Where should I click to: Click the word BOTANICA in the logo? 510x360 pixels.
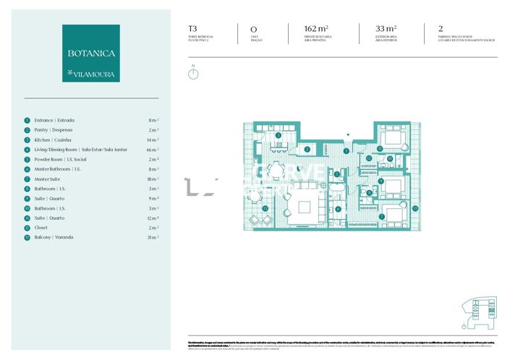click(91, 53)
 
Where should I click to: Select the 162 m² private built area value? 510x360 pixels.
click(318, 29)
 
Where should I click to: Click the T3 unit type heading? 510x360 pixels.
click(192, 29)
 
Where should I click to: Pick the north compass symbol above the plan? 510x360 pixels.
click(193, 73)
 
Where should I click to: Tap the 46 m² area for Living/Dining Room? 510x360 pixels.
click(153, 150)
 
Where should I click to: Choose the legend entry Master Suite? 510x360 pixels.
click(48, 179)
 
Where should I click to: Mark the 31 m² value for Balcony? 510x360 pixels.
click(153, 237)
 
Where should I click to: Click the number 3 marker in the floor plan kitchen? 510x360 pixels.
click(278, 135)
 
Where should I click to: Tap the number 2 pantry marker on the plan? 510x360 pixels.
click(307, 150)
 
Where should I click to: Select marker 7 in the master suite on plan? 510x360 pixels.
click(381, 216)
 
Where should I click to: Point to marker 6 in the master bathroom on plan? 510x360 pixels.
click(337, 210)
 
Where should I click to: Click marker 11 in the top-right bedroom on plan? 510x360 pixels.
click(380, 149)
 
